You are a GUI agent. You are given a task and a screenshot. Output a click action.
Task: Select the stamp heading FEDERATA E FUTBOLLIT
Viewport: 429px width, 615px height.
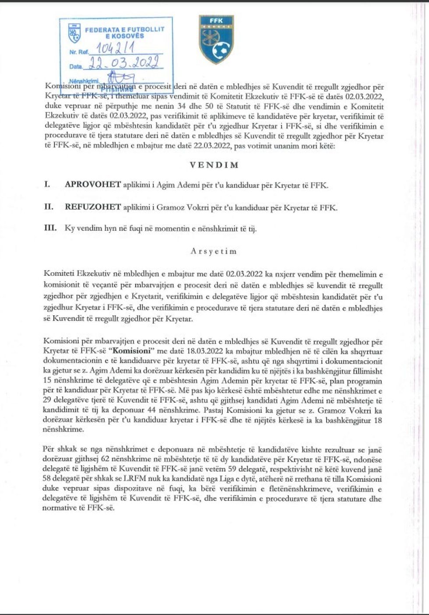click(x=124, y=29)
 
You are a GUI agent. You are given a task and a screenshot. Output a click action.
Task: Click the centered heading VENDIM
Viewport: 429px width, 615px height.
click(x=214, y=165)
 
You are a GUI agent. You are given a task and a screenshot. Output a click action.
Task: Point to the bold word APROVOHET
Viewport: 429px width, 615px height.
click(x=92, y=185)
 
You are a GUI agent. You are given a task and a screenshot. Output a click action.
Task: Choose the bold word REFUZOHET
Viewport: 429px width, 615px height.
click(x=92, y=207)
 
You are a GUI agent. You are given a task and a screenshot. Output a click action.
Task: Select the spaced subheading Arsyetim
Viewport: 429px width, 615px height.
click(x=214, y=251)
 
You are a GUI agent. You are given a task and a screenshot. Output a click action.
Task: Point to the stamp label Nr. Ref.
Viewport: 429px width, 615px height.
click(x=79, y=52)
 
